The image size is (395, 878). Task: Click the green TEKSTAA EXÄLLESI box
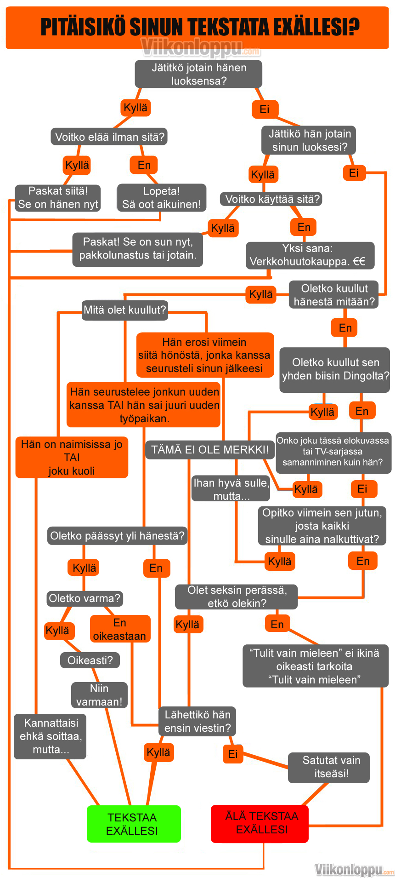(x=134, y=824)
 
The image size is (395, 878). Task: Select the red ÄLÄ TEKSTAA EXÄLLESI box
(x=260, y=823)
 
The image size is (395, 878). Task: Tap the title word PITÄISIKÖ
(x=83, y=27)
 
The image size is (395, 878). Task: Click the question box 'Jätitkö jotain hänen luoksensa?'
(x=198, y=74)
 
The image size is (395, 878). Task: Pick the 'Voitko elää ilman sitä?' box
(x=109, y=137)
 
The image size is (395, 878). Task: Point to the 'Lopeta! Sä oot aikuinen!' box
(x=161, y=198)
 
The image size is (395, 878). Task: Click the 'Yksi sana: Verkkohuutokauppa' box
(x=310, y=255)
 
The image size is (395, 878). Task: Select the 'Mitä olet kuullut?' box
(x=124, y=310)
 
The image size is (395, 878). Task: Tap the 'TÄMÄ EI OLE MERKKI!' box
(x=210, y=449)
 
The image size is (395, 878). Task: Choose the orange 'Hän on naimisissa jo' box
(x=72, y=457)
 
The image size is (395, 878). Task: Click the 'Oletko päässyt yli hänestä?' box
(x=117, y=536)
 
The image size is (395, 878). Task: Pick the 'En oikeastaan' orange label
(x=120, y=629)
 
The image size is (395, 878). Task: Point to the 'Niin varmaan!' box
(x=99, y=695)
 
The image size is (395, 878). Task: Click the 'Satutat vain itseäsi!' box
(x=329, y=767)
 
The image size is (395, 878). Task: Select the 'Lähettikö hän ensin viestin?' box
(x=197, y=721)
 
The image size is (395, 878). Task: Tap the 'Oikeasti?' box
(x=90, y=660)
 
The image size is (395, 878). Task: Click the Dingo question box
(x=335, y=369)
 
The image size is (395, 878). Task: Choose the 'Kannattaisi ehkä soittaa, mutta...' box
(x=51, y=736)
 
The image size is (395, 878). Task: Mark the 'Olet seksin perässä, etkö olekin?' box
(x=237, y=597)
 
